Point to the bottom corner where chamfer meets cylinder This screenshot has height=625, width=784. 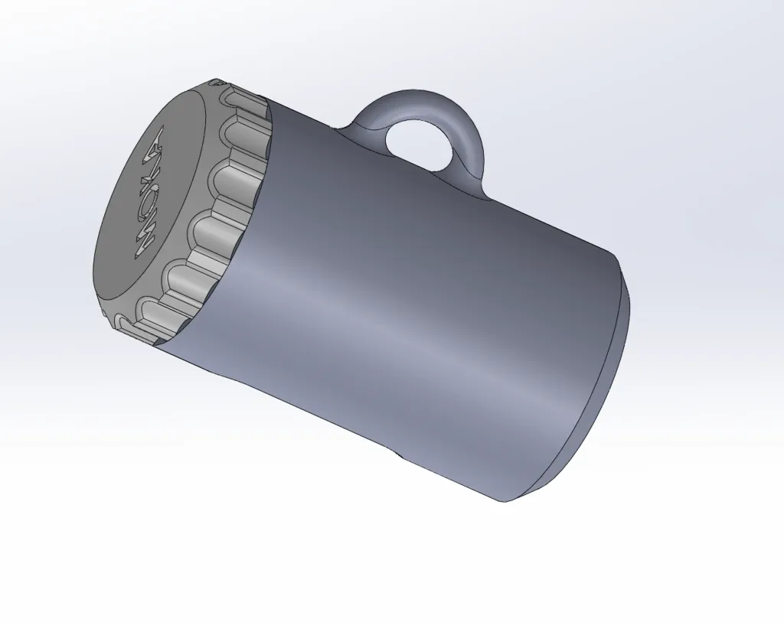tap(505, 502)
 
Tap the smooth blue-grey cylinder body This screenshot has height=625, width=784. tap(429, 252)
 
